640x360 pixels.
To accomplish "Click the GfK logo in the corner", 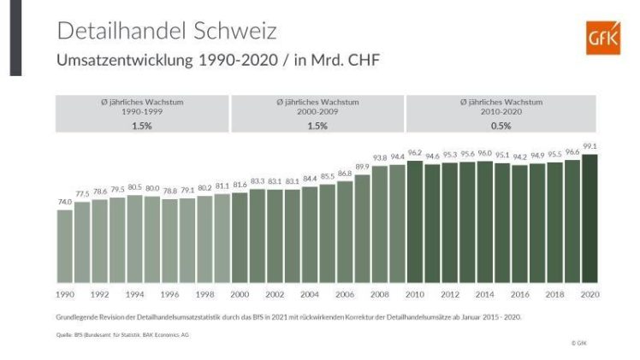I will (602, 38).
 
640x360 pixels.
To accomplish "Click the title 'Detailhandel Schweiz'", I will (166, 31).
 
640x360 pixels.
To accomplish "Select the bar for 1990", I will (65, 246).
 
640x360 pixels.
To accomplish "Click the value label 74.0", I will (65, 203).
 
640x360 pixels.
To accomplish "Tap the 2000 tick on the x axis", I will (240, 293).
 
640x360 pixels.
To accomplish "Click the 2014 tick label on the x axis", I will (484, 293).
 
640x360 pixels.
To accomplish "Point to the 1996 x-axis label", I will (169, 293).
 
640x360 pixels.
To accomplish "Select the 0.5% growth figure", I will (501, 125).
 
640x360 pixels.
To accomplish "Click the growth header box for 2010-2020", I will (501, 113).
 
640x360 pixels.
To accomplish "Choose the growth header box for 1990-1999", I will (142, 113).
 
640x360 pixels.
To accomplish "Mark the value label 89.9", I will (362, 168).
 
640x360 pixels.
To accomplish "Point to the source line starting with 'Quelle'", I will (116, 335).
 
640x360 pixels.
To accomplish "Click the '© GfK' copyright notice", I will (580, 343).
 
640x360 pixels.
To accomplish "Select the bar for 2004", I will (310, 234).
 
